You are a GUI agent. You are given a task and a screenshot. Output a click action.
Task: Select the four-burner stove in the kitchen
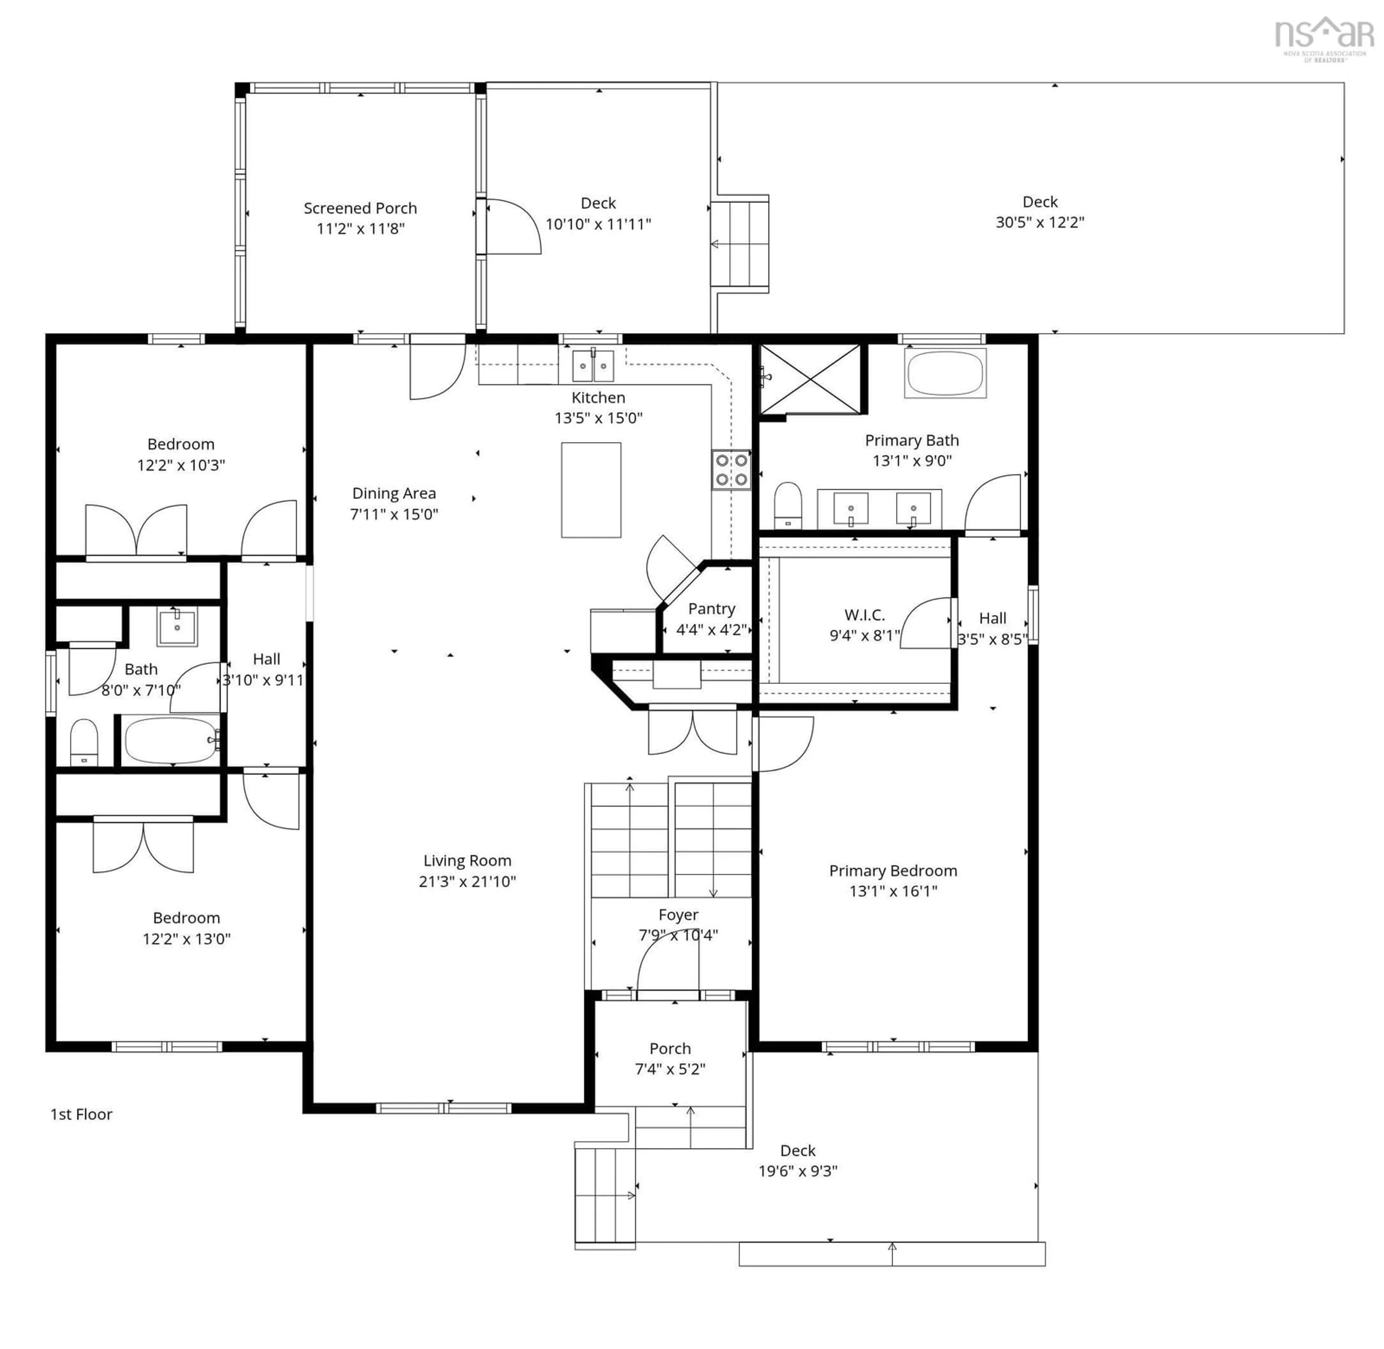(731, 470)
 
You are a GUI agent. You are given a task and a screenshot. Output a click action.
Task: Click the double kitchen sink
(593, 366)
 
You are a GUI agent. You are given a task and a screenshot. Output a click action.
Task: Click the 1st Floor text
(81, 1114)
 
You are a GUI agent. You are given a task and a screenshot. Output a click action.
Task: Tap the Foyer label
(678, 915)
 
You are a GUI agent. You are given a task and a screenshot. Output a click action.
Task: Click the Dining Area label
(394, 493)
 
